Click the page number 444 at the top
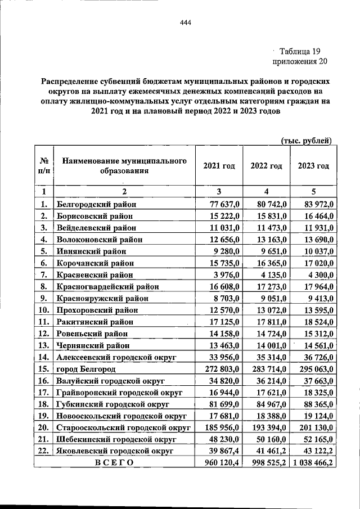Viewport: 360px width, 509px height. (186, 22)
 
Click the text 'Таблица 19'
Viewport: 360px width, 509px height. (299, 51)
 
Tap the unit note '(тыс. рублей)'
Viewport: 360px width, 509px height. (306, 140)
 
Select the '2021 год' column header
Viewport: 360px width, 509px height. (219, 166)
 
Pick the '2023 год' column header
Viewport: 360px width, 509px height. (313, 166)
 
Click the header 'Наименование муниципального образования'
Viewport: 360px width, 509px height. (124, 166)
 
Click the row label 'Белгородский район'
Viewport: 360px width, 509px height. (97, 204)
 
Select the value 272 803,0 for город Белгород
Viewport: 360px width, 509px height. (221, 369)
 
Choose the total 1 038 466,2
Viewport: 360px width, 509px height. (312, 463)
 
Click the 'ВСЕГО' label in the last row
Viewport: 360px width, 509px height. (114, 463)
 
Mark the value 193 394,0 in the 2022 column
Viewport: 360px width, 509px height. (268, 428)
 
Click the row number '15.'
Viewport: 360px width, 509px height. (43, 369)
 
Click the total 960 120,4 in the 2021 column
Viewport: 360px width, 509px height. (219, 463)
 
